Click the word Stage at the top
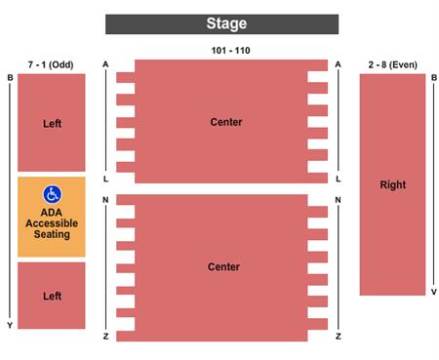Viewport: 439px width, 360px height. tap(226, 23)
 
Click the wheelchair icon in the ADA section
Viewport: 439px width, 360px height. tap(52, 193)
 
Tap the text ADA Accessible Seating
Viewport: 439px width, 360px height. tap(52, 221)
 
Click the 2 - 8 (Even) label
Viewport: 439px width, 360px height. tap(393, 64)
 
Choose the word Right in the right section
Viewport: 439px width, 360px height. tap(393, 184)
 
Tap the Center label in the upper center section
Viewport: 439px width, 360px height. tap(225, 122)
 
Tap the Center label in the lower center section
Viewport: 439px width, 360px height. tap(223, 266)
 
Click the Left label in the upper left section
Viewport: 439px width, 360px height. tap(52, 124)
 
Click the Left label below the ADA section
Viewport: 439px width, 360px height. tap(52, 296)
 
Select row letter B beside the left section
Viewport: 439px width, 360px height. tap(10, 78)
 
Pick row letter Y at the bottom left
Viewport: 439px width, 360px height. tap(10, 325)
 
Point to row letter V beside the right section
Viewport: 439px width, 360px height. tap(434, 292)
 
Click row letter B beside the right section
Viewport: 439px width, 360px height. tap(434, 78)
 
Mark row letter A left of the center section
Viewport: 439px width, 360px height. tap(105, 64)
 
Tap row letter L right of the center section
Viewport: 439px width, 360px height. tap(338, 180)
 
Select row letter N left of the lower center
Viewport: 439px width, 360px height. tap(105, 200)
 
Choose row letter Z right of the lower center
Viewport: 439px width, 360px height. tap(338, 336)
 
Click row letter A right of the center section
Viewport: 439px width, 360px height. tap(338, 64)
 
